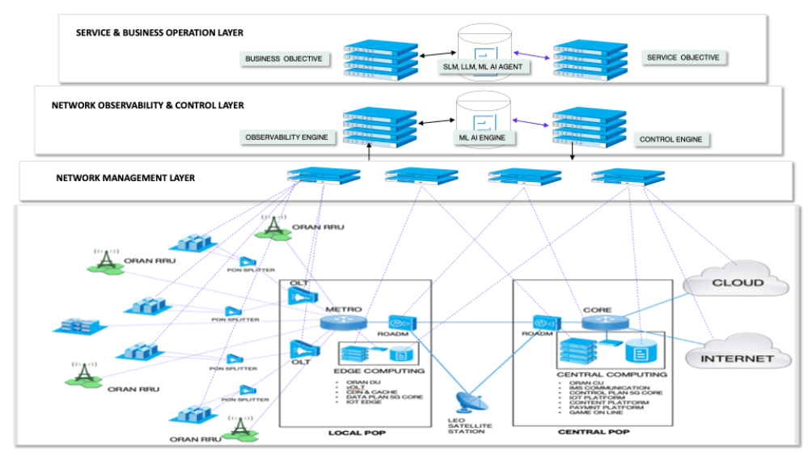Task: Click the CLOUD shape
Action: (736, 283)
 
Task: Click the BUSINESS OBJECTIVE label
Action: (284, 59)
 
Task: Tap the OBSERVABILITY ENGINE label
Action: (287, 138)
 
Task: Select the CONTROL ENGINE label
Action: (670, 139)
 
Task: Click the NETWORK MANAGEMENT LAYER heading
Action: (125, 178)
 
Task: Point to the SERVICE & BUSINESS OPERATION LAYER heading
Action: (159, 33)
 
